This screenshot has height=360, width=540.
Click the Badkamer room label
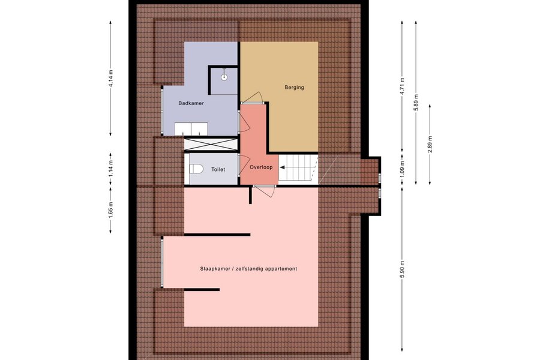[191, 103]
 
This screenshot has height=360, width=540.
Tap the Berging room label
[294, 87]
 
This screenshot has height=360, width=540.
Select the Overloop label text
[261, 167]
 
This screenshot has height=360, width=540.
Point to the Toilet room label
[218, 169]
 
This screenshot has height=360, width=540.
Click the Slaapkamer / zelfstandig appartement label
[248, 269]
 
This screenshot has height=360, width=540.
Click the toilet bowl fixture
[196, 169]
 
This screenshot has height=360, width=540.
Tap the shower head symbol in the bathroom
[224, 76]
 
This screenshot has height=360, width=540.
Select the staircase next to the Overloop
[298, 168]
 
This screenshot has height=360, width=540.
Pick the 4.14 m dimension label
[110, 79]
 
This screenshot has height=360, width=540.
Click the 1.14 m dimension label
[110, 169]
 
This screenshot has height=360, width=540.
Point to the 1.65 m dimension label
[110, 210]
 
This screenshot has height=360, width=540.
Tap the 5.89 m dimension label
[416, 103]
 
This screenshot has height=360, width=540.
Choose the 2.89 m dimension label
[430, 144]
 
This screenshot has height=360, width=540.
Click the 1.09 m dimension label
[402, 169]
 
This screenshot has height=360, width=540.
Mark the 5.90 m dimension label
[402, 270]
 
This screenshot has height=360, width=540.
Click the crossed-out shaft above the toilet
[211, 144]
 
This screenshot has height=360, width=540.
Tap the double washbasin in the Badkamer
[191, 129]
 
